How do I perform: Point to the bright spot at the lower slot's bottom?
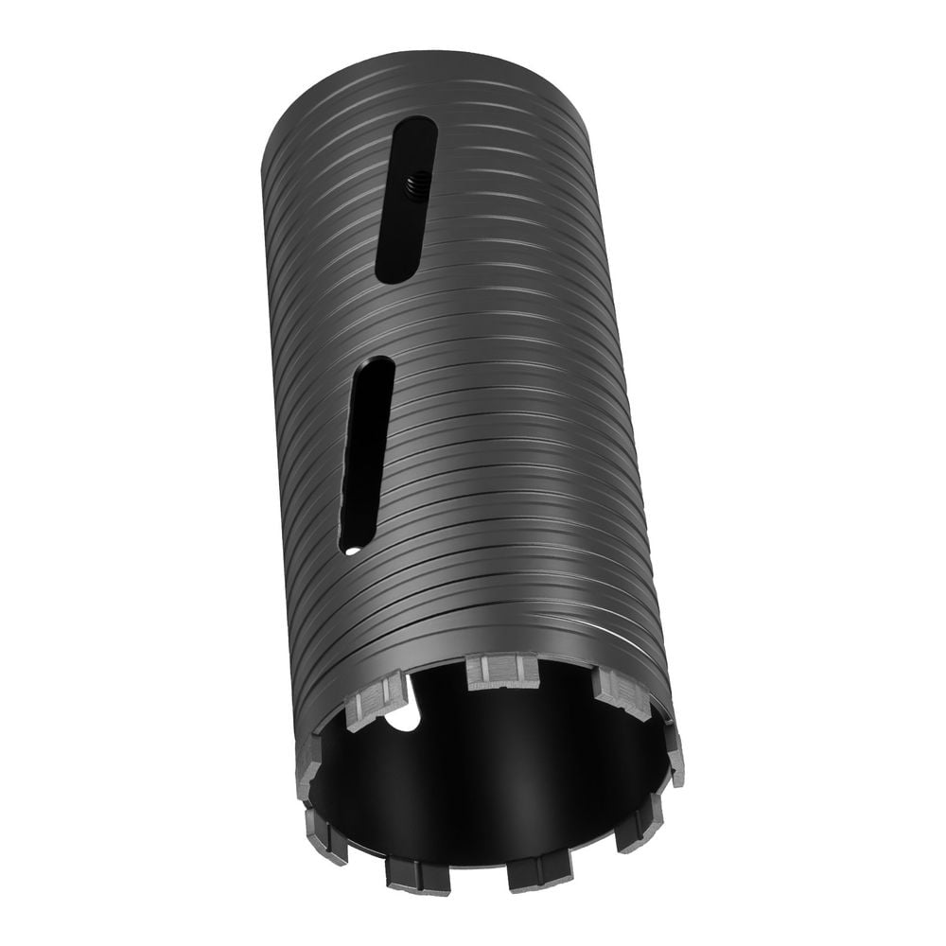pyautogui.click(x=351, y=547)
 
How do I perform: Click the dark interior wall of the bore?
pyautogui.click(x=492, y=776)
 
